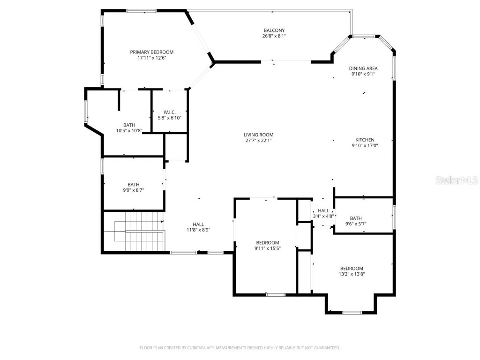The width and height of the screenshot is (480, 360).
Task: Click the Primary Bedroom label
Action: coord(151,52)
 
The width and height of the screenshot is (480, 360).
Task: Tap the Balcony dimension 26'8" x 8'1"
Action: coord(274,36)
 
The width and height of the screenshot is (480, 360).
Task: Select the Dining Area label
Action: coord(363,68)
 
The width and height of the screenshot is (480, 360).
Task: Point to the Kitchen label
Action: coord(365,140)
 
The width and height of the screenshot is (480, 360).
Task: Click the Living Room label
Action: coord(259,135)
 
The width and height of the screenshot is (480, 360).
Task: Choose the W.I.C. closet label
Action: coord(169,112)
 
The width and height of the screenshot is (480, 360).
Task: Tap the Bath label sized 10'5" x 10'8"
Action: coord(129,125)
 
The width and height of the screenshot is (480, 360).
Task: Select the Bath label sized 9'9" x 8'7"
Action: coord(133,185)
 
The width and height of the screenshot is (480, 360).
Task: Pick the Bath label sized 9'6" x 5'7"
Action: coord(356,218)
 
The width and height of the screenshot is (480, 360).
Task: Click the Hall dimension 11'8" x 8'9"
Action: coord(198,230)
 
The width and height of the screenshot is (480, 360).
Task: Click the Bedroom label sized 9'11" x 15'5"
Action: coord(267,242)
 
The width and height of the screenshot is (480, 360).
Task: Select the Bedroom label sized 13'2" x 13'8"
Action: coord(352,268)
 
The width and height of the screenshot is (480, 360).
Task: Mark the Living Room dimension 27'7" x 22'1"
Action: coord(259,141)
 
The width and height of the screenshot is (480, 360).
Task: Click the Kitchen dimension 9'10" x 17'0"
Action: coord(365,146)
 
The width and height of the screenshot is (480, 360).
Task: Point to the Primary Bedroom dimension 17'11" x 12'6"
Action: coord(151,58)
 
